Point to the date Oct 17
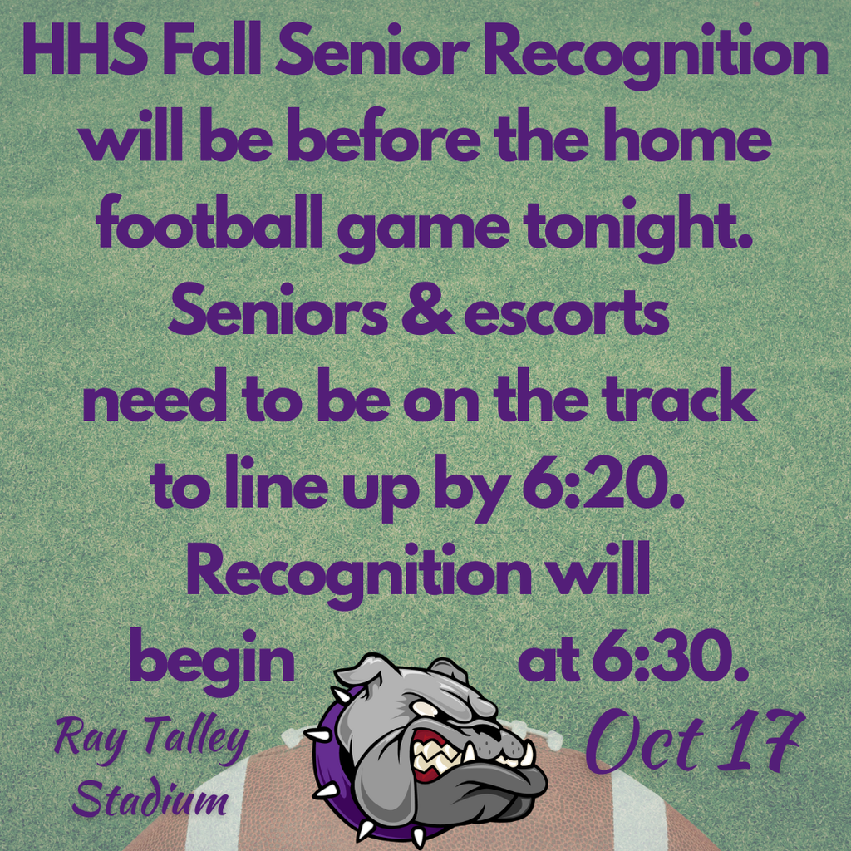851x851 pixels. (x=693, y=742)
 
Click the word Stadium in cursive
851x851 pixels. (x=150, y=799)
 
